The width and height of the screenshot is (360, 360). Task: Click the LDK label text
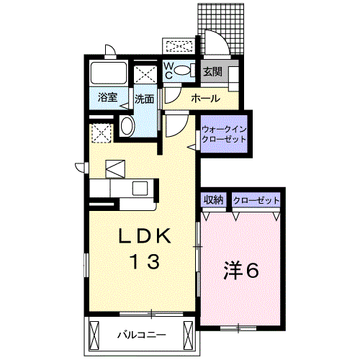[142, 236]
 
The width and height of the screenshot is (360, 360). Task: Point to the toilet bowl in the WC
[184, 71]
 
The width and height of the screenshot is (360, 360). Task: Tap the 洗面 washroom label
[144, 99]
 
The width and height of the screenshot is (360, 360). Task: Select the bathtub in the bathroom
[108, 74]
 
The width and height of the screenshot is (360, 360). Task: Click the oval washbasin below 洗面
[127, 127]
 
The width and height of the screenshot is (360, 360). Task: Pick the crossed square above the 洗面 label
[145, 74]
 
